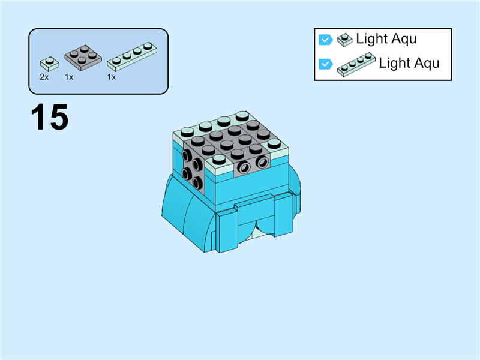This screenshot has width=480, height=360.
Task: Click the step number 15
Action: [x=50, y=117]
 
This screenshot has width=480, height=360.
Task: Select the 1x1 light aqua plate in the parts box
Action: [x=49, y=63]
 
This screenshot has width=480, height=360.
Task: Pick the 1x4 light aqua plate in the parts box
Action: [x=129, y=55]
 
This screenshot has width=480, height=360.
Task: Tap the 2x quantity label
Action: [x=44, y=77]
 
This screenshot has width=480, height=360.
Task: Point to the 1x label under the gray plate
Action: [x=69, y=77]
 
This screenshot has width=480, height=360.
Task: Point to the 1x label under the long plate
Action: [x=112, y=77]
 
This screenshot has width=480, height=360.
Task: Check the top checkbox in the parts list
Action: [x=325, y=40]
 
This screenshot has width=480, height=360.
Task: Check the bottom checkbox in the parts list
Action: [x=325, y=64]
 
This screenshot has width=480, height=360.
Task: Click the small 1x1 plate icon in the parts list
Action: [x=344, y=40]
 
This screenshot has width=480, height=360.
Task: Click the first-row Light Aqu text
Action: [x=386, y=39]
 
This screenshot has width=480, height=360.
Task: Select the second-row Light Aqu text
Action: [x=409, y=63]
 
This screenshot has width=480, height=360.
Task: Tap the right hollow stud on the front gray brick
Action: [x=262, y=163]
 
